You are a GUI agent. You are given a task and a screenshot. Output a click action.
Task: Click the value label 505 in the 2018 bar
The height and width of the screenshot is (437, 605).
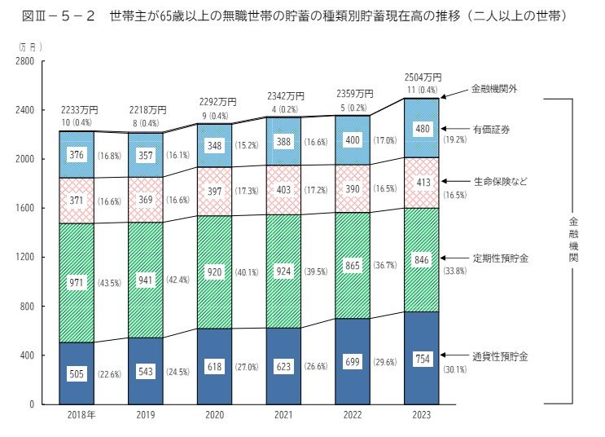tap(77, 375)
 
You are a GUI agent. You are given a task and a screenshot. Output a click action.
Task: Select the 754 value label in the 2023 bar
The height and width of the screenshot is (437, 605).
tap(422, 360)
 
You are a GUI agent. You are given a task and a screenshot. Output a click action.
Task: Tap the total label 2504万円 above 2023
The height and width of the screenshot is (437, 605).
tap(422, 77)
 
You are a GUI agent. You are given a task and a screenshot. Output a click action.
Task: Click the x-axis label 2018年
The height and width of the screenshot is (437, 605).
tap(77, 416)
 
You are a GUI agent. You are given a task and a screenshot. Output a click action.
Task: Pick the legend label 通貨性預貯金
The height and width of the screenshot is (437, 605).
tap(500, 356)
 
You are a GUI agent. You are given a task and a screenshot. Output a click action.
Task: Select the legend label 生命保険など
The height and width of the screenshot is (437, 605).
tap(500, 180)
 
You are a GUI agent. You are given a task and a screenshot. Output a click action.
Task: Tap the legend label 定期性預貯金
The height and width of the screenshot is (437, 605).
tap(500, 258)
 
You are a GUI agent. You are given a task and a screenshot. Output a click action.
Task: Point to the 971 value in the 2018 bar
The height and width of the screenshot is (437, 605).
tap(77, 282)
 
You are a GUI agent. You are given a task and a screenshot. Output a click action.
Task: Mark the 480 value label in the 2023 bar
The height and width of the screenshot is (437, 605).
tap(422, 129)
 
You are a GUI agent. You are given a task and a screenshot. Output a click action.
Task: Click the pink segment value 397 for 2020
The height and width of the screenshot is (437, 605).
tap(215, 190)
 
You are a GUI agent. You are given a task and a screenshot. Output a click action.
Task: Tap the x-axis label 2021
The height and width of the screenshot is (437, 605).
tap(283, 416)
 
